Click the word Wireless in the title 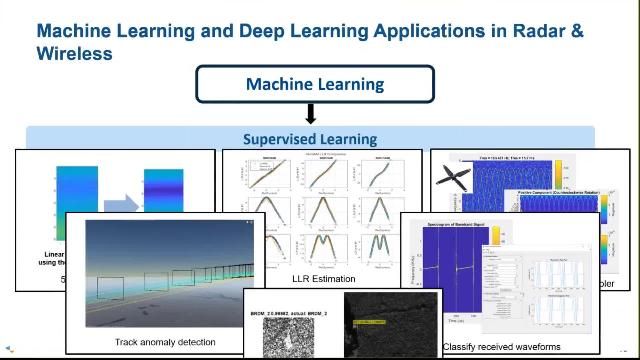(74, 52)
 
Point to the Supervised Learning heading (310, 139)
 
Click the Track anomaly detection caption (165, 342)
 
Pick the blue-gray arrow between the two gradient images (121, 206)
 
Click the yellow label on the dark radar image (371, 321)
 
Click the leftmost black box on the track (111, 289)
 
